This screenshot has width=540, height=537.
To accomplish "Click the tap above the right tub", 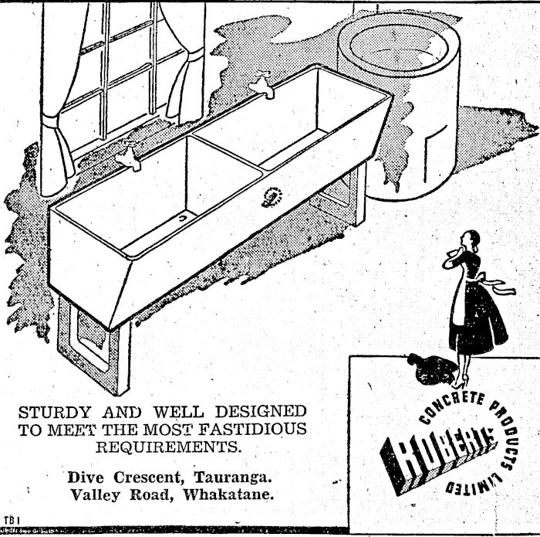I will pos(263,86).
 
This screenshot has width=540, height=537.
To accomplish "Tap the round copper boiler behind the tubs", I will pos(401,100).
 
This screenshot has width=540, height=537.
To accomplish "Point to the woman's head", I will pos(471,240).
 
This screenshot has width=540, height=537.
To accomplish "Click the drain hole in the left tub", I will pos(183,219).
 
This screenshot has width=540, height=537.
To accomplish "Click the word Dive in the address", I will pos(86,476).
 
